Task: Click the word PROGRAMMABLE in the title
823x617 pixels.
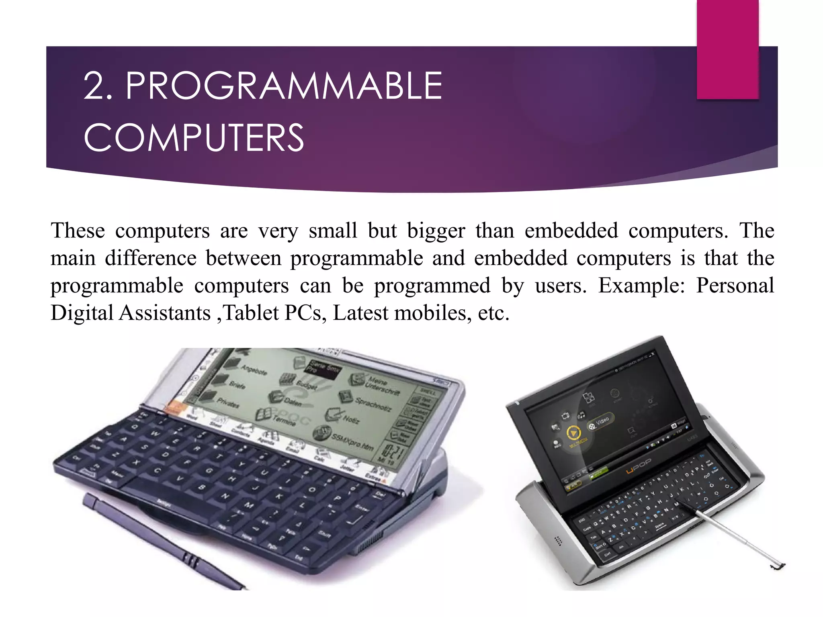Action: (284, 86)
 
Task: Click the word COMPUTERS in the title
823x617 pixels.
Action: (194, 138)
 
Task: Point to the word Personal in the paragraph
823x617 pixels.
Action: (735, 286)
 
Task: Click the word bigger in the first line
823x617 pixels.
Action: (436, 231)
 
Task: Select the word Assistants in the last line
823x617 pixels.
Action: (165, 313)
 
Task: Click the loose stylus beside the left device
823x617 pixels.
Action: (161, 542)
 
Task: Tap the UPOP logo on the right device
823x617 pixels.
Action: (639, 466)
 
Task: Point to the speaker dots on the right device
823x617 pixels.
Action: (558, 541)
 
